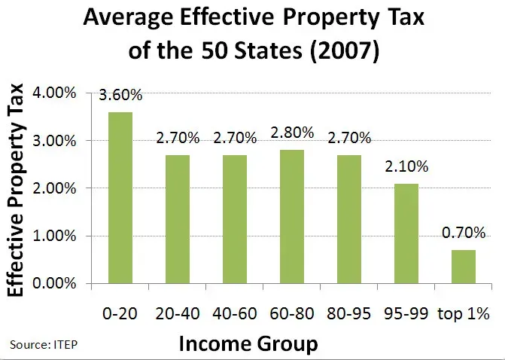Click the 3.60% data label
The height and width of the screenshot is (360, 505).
[120, 96]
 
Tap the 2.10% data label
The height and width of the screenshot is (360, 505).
[407, 167]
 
